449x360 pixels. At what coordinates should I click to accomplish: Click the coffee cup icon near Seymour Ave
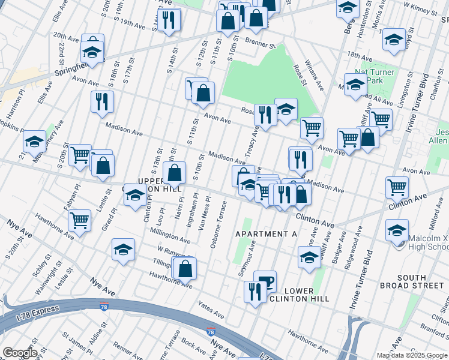[265, 281]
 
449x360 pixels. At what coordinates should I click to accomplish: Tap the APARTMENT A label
[266, 233]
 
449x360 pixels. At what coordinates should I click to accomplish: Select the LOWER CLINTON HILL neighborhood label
[291, 295]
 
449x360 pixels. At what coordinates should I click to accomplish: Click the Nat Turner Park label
[374, 76]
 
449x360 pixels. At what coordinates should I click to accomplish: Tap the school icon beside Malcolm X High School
[397, 231]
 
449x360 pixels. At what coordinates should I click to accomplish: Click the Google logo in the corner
[20, 352]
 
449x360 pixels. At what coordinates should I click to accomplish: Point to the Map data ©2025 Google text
[412, 355]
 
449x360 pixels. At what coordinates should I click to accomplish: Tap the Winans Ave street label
[316, 79]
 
